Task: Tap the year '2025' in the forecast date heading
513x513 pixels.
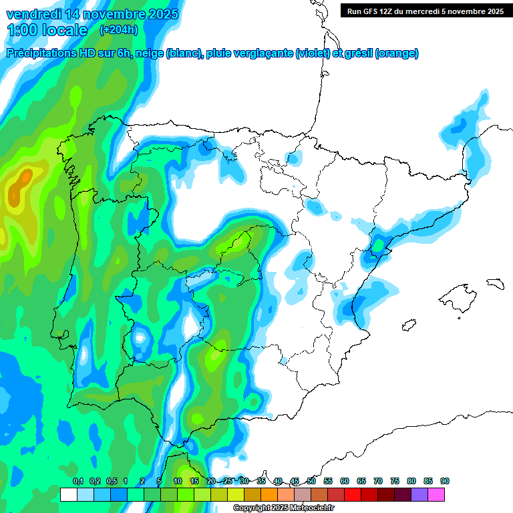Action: coord(158,14)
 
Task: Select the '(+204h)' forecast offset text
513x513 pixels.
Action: coord(119,30)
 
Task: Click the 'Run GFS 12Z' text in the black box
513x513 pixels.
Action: coord(371,11)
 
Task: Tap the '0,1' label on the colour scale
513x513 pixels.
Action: coord(78,482)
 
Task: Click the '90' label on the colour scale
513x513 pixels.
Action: coord(445,482)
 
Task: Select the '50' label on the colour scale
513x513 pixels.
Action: coord(311,482)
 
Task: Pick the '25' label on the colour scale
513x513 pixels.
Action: coord(228,482)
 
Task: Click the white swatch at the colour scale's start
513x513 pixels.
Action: coord(68,494)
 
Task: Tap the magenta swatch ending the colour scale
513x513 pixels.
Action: coord(436,494)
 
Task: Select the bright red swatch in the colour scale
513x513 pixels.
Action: coord(353,494)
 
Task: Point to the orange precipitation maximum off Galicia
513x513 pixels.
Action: coord(25,178)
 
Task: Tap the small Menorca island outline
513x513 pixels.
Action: coord(495,283)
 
